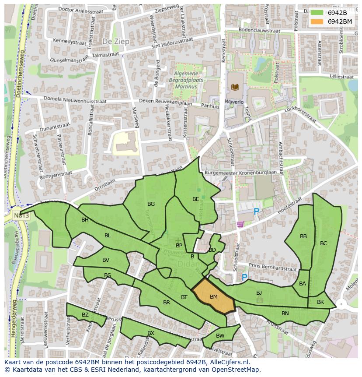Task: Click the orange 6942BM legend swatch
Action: pyautogui.click(x=317, y=21)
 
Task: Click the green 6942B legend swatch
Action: pyautogui.click(x=317, y=13)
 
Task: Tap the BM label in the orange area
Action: pyautogui.click(x=213, y=297)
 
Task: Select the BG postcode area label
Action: pyautogui.click(x=151, y=204)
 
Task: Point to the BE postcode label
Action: pyautogui.click(x=195, y=199)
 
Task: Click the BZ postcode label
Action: pyautogui.click(x=85, y=315)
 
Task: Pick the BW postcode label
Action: pyautogui.click(x=220, y=336)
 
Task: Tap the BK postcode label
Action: pyautogui.click(x=320, y=302)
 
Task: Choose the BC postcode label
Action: pyautogui.click(x=324, y=243)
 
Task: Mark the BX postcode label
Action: pyautogui.click(x=151, y=333)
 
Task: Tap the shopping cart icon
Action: pyautogui.click(x=240, y=225)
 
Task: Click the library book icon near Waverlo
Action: pyautogui.click(x=235, y=87)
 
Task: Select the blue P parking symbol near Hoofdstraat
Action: pyautogui.click(x=256, y=212)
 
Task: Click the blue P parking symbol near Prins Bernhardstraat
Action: pyautogui.click(x=244, y=277)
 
